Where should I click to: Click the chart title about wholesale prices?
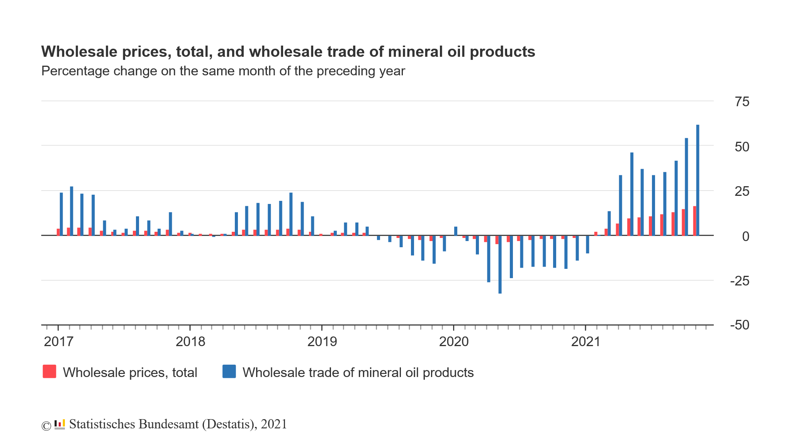288,52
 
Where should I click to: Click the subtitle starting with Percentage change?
223,71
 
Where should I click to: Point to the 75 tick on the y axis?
742,102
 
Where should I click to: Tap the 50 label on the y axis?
742,147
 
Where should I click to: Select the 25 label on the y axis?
742,191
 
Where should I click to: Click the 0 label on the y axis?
745,236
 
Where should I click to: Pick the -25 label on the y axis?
740,281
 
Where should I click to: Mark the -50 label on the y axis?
740,325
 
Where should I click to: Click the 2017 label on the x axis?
59,342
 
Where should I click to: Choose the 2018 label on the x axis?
190,342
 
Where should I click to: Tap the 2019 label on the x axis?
322,342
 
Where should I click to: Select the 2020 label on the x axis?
454,342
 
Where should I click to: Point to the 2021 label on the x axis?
586,342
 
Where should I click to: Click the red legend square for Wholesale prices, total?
49,372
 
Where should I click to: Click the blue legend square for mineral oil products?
229,372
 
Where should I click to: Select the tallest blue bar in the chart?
698,180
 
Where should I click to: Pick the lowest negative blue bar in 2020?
500,265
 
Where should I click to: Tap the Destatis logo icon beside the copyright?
59,425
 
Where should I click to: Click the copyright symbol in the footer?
46,426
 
